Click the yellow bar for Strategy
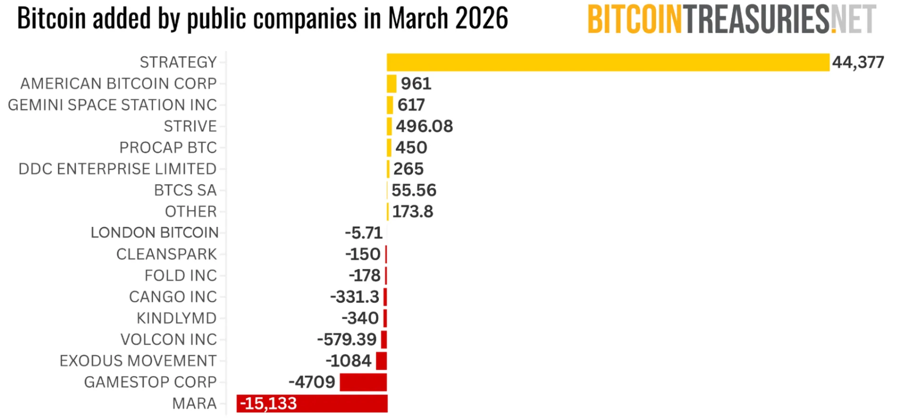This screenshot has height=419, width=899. pyautogui.click(x=608, y=62)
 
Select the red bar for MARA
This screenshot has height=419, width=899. pyautogui.click(x=344, y=404)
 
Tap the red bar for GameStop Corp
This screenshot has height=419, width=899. pyautogui.click(x=363, y=382)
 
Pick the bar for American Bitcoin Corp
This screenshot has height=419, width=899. pyautogui.click(x=391, y=84)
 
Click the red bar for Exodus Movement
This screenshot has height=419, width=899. pyautogui.click(x=381, y=361)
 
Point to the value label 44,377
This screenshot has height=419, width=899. pyautogui.click(x=858, y=62)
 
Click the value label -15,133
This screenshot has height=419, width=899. pyautogui.click(x=268, y=404)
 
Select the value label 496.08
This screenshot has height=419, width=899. pyautogui.click(x=424, y=126)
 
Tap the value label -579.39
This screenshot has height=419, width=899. pyautogui.click(x=347, y=339)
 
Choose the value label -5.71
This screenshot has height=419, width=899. pyautogui.click(x=363, y=233)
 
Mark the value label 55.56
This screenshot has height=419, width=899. pyautogui.click(x=413, y=191)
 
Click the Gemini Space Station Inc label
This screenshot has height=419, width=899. pyautogui.click(x=112, y=105)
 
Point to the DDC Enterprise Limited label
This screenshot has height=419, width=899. pyautogui.click(x=117, y=169)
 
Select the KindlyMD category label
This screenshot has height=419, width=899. pyautogui.click(x=176, y=318)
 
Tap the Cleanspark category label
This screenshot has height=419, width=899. pyautogui.click(x=166, y=254)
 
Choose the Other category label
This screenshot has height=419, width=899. pyautogui.click(x=191, y=211)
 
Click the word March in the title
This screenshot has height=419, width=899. pyautogui.click(x=418, y=19)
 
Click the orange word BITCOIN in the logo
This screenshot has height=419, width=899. pyautogui.click(x=635, y=20)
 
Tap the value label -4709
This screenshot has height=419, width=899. pyautogui.click(x=312, y=382)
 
